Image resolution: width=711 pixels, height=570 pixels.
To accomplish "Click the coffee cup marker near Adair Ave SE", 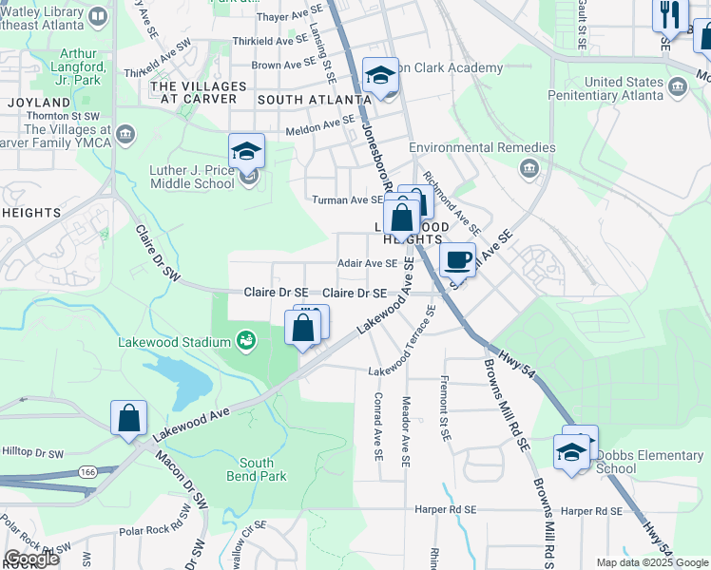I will click(x=457, y=257).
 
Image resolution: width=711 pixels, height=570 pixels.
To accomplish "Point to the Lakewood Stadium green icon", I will click(x=246, y=339).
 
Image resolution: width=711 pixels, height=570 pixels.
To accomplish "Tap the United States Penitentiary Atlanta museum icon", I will click(x=678, y=88).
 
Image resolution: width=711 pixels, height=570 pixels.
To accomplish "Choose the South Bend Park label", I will click(x=250, y=468).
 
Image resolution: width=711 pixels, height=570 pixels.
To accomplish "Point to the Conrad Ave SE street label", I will click(x=377, y=427).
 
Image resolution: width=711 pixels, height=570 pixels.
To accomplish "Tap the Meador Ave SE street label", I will click(x=406, y=431).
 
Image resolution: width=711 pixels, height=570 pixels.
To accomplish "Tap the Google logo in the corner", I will click(x=31, y=559).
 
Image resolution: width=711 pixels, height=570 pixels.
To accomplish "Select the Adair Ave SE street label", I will click(x=368, y=263).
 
